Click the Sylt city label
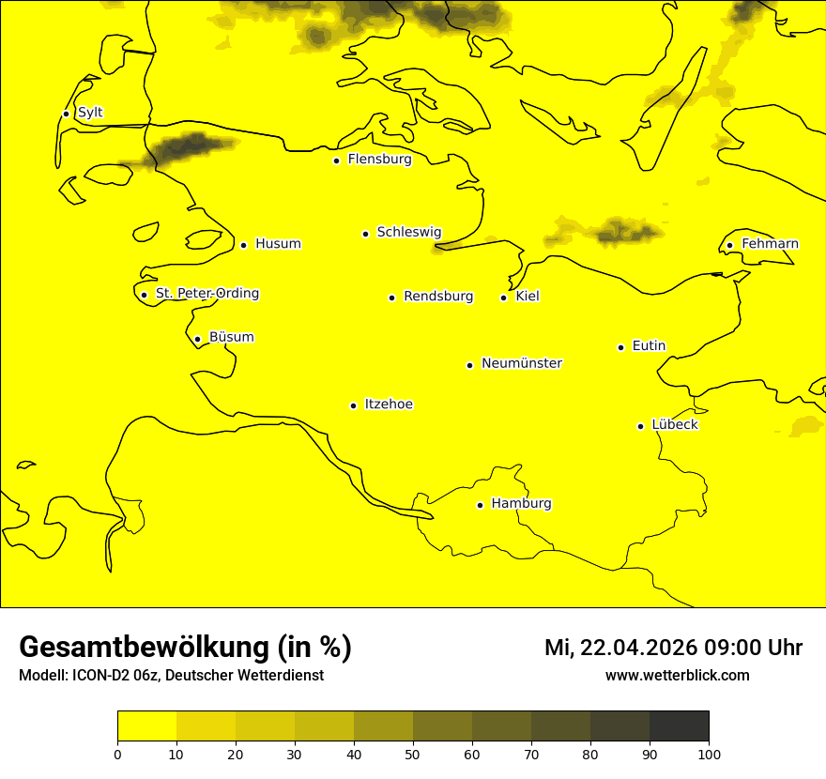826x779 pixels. (x=90, y=113)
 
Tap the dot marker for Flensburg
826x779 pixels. (x=336, y=160)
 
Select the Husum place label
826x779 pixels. (x=278, y=244)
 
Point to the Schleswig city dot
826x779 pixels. (x=366, y=234)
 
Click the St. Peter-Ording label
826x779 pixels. (x=207, y=294)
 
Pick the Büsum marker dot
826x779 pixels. (x=197, y=339)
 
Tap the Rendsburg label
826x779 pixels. (x=438, y=297)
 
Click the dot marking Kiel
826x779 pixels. (x=504, y=298)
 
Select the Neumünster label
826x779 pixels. (x=522, y=363)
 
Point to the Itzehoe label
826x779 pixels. (x=389, y=405)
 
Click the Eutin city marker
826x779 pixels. (x=620, y=347)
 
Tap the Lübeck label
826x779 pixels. (x=675, y=424)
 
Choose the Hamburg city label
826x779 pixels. (x=522, y=504)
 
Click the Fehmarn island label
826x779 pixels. (x=770, y=244)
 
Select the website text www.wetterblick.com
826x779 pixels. (x=678, y=675)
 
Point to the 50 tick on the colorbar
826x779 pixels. (x=413, y=754)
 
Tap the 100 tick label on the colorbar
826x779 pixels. (x=709, y=754)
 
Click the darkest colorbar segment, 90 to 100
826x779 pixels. (x=679, y=726)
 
